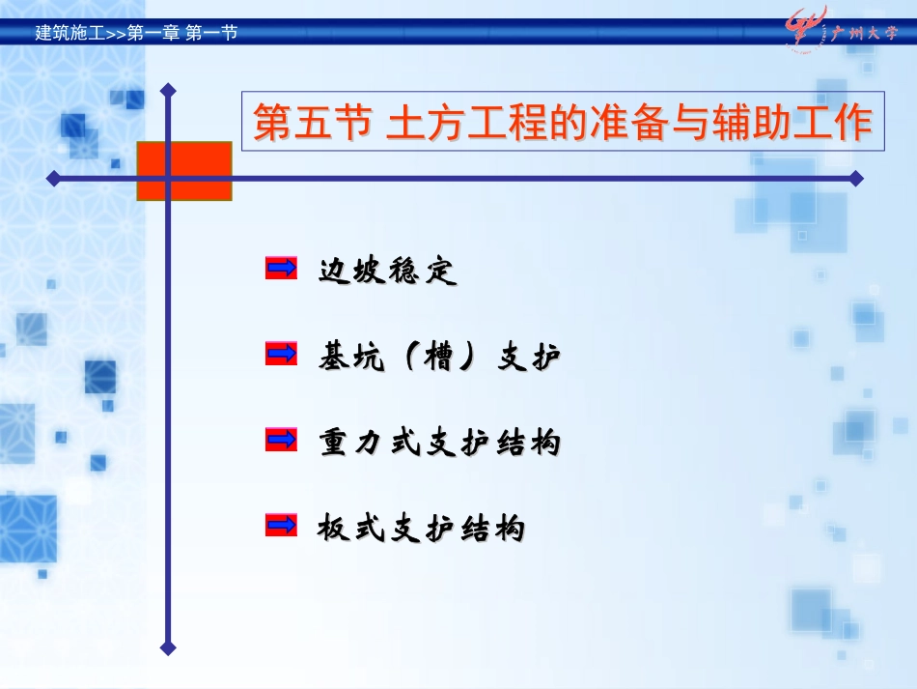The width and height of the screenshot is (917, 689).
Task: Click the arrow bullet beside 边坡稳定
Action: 281,269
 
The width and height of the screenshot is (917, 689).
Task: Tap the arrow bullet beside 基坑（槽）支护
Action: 281,354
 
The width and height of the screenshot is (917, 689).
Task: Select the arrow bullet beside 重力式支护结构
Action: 281,440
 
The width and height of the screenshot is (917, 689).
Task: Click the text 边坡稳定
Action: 387,272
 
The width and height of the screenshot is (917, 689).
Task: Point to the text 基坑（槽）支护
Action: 439,358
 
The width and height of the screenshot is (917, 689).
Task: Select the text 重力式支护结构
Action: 439,443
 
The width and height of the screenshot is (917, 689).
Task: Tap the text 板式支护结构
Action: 422,529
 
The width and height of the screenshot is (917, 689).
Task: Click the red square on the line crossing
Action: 184,171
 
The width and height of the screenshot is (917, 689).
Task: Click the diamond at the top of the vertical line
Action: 169,90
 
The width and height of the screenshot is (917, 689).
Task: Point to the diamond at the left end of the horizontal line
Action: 53,178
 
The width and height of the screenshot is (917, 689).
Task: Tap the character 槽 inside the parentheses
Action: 439,358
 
